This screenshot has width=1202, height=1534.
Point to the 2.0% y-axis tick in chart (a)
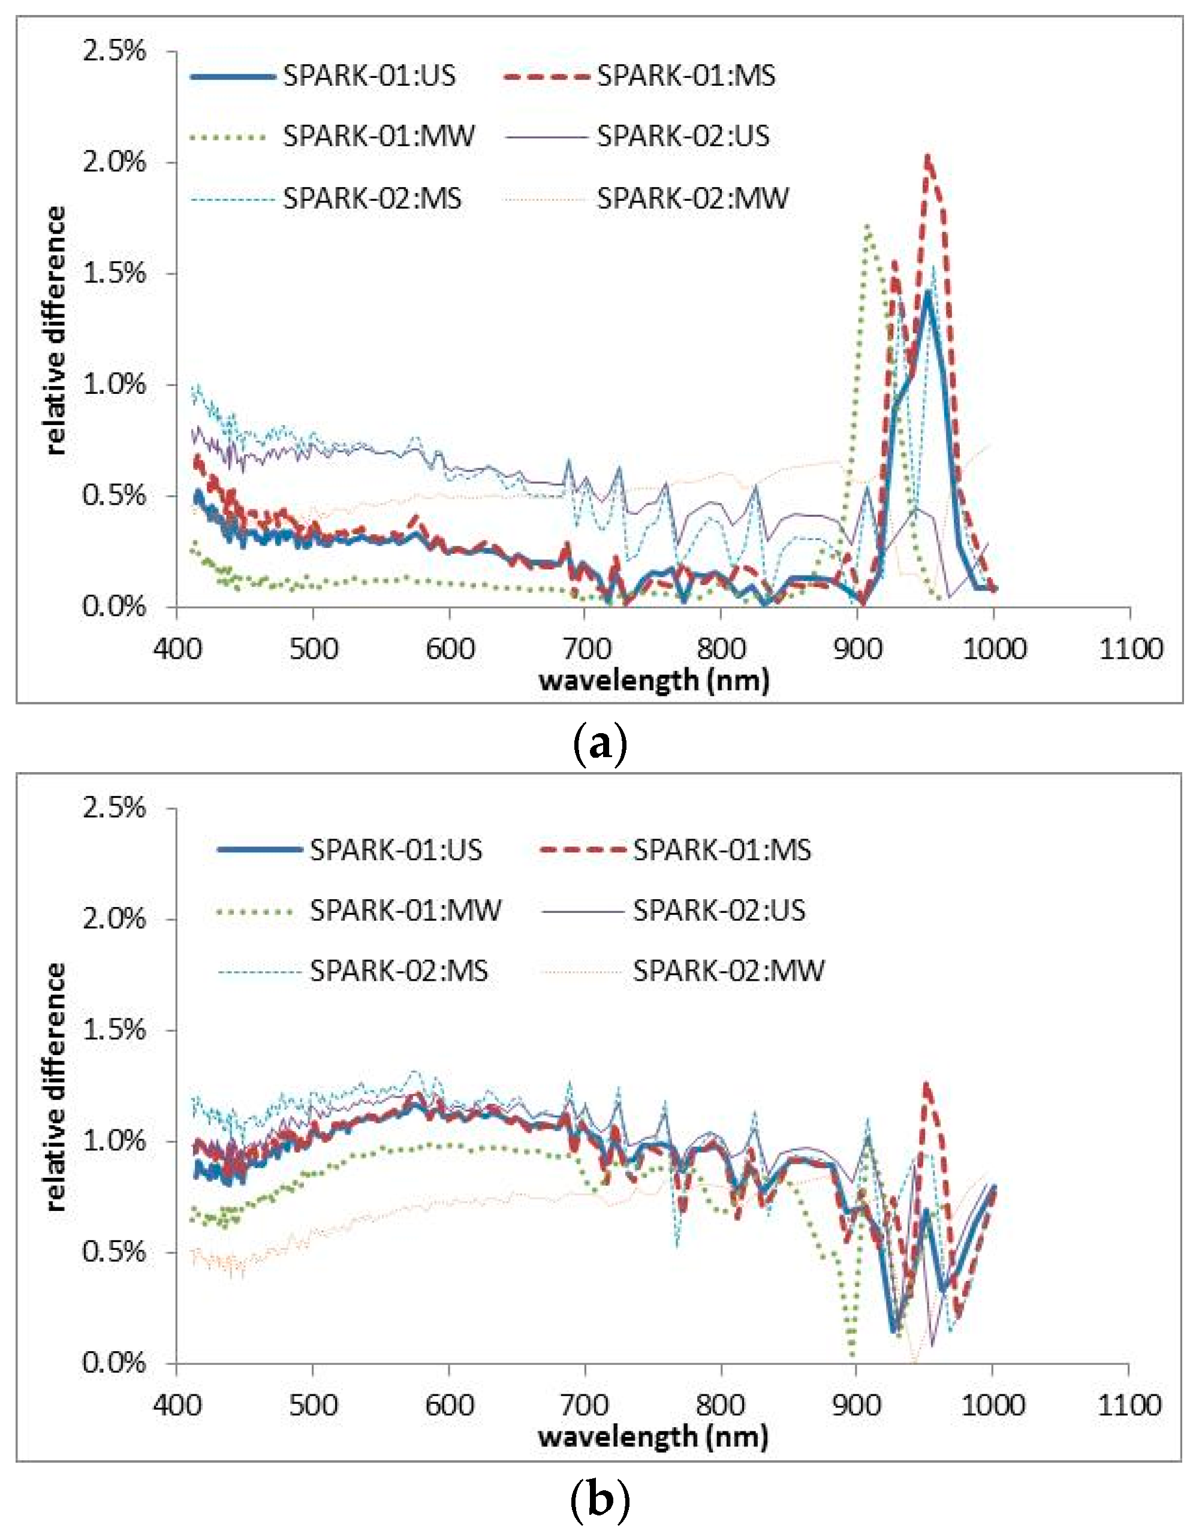pos(114,162)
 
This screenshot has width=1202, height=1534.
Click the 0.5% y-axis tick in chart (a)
pos(114,495)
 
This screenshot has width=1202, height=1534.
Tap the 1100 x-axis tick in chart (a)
pos(1130,647)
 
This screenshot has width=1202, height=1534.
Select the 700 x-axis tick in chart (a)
pos(585,647)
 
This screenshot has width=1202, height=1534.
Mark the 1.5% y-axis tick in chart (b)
pos(114,1030)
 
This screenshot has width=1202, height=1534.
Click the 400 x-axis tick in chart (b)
pos(176,1405)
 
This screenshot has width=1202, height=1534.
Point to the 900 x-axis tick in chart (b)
pos(857,1405)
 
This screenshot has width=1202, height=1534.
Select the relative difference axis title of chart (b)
pos(56,1086)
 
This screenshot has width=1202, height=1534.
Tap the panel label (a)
pos(600,744)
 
